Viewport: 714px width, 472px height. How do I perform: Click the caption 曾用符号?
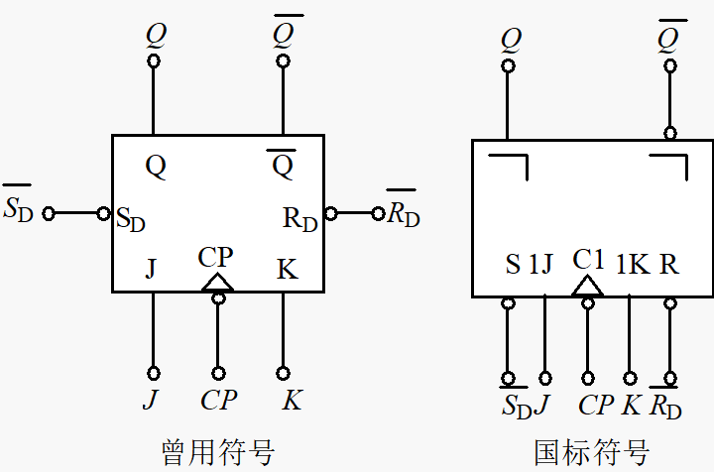coord(217,452)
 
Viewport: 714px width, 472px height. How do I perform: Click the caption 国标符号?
coord(591,452)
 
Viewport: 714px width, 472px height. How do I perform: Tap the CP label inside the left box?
coord(215,258)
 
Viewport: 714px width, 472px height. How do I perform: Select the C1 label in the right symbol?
coord(588,260)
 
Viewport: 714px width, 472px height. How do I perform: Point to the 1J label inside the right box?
coord(540,266)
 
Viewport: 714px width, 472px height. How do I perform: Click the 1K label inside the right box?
coord(633,266)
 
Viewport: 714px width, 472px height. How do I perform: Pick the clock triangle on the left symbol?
coord(217,284)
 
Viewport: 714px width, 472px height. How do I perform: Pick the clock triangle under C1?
coord(588,287)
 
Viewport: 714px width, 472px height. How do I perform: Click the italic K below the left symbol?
coord(292,401)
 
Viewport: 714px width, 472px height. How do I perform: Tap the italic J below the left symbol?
coord(151,401)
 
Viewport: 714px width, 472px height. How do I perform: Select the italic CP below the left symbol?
coord(217,401)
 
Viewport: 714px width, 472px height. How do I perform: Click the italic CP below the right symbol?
coord(596,406)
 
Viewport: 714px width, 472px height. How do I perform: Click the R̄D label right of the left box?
coord(403,212)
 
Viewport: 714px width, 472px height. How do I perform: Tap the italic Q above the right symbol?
coord(511,41)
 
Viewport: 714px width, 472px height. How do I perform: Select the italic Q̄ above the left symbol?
coord(283,33)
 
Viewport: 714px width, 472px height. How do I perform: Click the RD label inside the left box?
coord(300,219)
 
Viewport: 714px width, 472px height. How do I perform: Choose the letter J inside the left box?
coord(151,269)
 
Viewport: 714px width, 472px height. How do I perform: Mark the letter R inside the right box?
coord(669,266)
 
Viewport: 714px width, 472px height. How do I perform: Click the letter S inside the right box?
coord(513,266)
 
